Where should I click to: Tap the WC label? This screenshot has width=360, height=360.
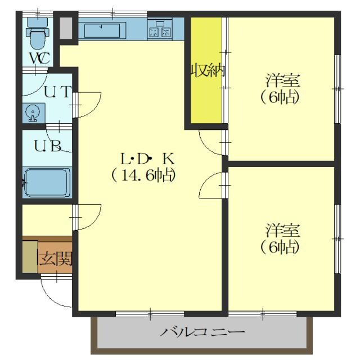pyautogui.click(x=39, y=57)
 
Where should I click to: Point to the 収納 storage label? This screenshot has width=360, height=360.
pyautogui.click(x=207, y=71)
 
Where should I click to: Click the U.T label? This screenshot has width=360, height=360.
pyautogui.click(x=57, y=91)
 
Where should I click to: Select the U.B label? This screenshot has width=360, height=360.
pyautogui.click(x=47, y=146)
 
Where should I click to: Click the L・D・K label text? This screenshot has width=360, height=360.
pyautogui.click(x=147, y=158)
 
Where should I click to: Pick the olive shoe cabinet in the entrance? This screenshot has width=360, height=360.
pyautogui.click(x=30, y=258)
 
